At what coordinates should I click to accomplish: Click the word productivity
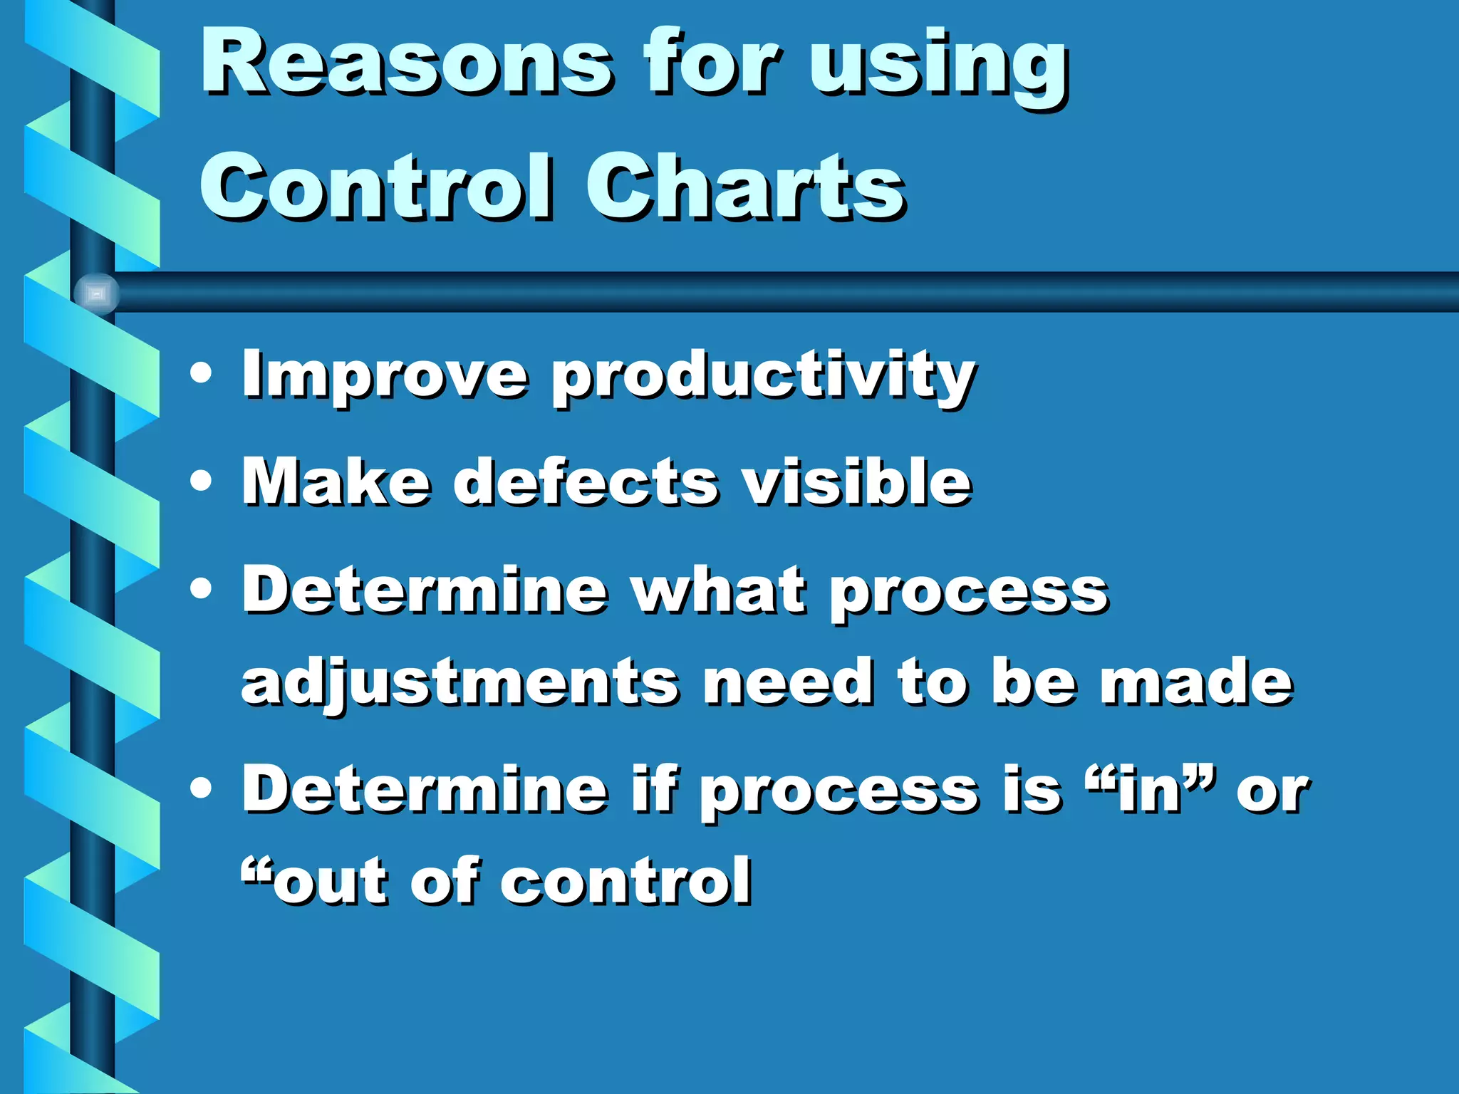click(x=762, y=377)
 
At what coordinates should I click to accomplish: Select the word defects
click(x=586, y=482)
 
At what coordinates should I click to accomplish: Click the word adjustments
click(x=459, y=684)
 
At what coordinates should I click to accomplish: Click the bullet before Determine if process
click(x=202, y=788)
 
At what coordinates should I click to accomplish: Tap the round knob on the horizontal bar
click(x=96, y=293)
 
